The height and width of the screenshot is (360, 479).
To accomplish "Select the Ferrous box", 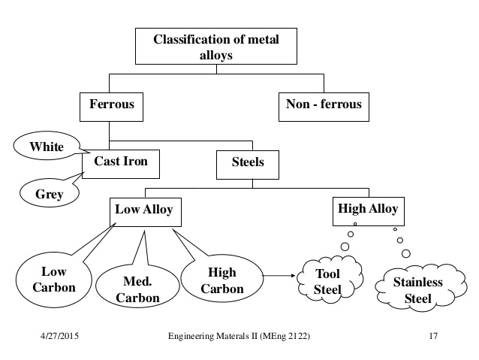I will (110, 104).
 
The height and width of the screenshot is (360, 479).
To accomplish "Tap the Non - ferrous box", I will (324, 104).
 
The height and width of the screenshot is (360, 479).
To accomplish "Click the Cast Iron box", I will (120, 161).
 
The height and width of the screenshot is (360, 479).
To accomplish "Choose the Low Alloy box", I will (143, 210).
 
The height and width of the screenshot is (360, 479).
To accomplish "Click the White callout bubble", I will (47, 147).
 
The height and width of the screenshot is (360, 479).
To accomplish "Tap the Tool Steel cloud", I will (328, 282).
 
